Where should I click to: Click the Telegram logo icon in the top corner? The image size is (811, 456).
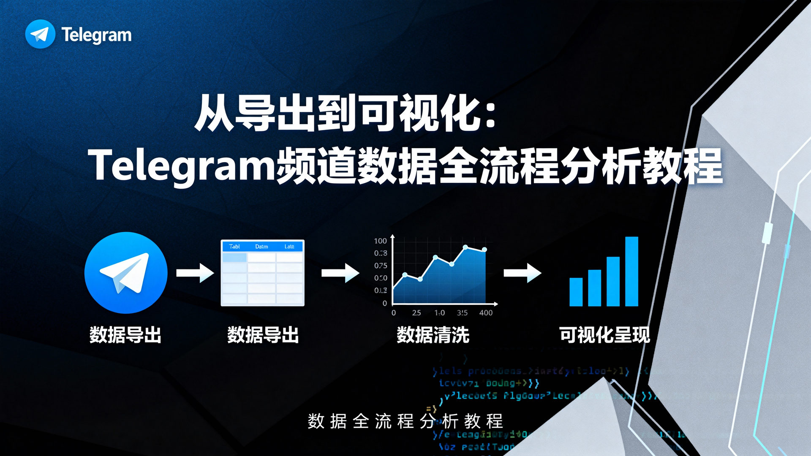coord(40,34)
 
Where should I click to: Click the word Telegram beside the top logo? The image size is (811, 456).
coord(96,35)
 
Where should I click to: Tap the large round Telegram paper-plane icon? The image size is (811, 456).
coord(126,273)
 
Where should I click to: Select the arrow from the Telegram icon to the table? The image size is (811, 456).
coord(195,273)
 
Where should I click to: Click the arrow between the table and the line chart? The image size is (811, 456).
coord(340,273)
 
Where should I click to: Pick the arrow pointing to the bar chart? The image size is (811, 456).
coord(522,273)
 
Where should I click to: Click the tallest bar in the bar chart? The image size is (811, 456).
coord(631,271)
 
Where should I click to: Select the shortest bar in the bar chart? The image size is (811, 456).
coord(576,292)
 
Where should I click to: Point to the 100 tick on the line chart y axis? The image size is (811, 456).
coord(380,241)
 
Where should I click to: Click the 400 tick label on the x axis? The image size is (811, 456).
coord(486,313)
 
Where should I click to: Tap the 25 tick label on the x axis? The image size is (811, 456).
coord(416,313)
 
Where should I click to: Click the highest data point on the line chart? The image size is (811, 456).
coord(465,247)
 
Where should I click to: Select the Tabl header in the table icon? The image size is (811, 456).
coord(234,247)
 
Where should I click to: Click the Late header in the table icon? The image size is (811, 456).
coord(289,247)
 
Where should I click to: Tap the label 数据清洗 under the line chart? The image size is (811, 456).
coord(433,335)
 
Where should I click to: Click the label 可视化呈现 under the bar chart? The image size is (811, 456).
coord(604,335)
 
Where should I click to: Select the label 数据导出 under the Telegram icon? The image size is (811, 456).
coord(125,335)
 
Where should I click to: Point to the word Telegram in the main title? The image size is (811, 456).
coord(182,166)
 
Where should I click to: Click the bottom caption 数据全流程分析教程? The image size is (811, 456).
coord(405,421)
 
